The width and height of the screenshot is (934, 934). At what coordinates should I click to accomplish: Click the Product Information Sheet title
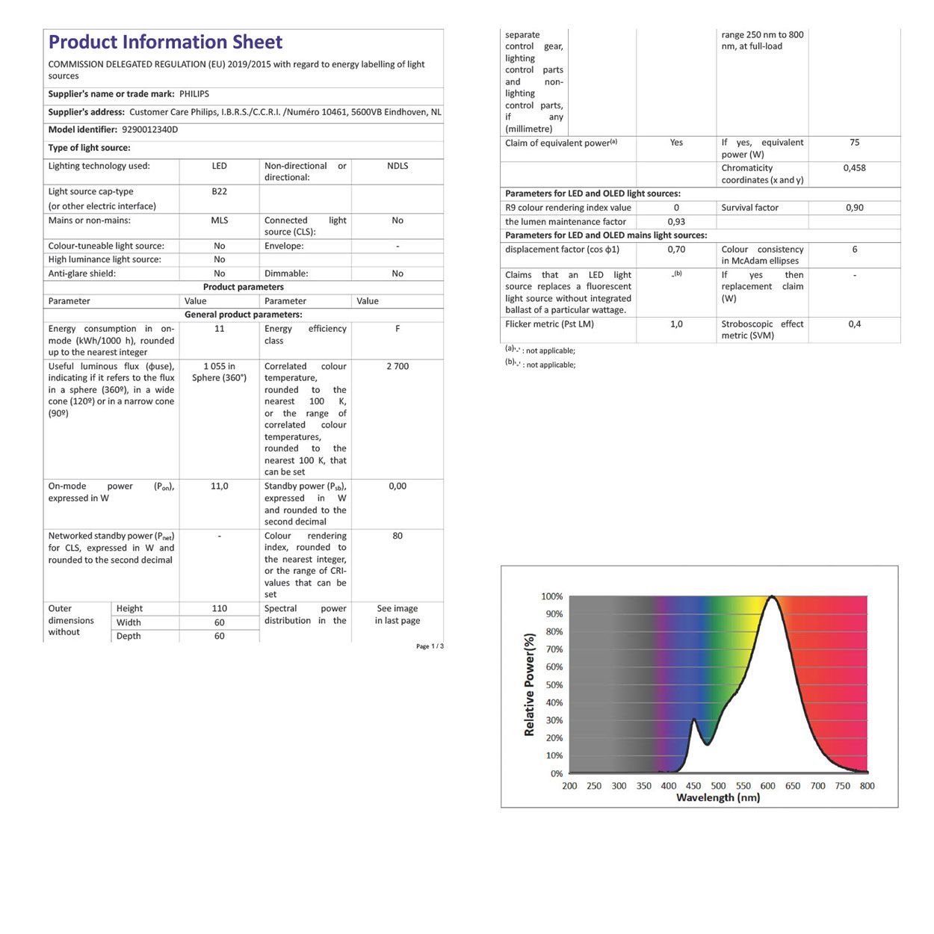point(165,42)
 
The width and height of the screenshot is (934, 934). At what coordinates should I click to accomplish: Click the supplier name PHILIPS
point(194,94)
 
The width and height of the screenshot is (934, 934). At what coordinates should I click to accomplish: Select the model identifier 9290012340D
point(149,129)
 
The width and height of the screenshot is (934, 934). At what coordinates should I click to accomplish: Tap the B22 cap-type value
point(219,191)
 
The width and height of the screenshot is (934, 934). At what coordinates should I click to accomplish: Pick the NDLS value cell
point(398,166)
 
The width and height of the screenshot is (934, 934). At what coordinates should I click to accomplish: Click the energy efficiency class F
point(398,329)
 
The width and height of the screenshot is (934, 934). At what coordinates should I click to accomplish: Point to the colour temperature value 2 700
point(398,366)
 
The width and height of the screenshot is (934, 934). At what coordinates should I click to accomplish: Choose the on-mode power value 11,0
point(219,486)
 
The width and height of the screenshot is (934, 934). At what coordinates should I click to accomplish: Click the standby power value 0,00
point(398,486)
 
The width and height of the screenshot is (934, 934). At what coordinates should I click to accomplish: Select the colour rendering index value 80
point(398,536)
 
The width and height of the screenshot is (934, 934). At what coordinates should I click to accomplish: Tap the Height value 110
point(219,609)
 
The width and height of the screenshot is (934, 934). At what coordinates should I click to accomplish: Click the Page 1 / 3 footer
point(430,646)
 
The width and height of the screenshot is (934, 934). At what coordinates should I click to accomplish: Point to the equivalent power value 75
point(854,143)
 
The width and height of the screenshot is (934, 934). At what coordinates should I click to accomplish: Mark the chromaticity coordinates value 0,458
point(854,168)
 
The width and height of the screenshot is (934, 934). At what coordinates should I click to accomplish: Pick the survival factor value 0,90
point(854,208)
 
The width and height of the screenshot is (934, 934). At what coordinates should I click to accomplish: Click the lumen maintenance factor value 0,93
point(676,222)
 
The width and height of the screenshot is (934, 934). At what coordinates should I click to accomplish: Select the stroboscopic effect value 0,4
point(854,324)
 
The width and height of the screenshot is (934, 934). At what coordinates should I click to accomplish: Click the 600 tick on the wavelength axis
point(767,786)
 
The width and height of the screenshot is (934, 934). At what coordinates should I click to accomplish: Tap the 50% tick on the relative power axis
point(554,685)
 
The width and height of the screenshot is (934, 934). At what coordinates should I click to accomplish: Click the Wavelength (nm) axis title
point(718,798)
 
